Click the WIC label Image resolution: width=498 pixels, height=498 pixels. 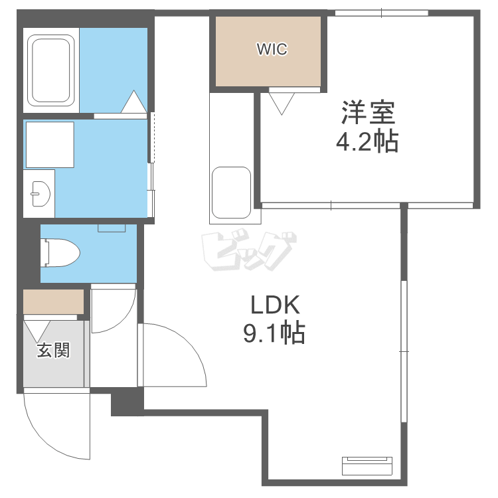272,49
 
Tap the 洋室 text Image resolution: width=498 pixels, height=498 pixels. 368,112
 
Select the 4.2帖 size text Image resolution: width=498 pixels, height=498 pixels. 367,141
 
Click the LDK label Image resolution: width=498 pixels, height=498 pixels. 275,305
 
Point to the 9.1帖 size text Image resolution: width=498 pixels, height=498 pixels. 274,333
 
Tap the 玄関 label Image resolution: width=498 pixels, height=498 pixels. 53,351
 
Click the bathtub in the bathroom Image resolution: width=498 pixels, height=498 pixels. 51,70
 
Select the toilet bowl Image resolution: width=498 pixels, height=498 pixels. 60,253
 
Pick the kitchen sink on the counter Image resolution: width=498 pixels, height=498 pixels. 231,193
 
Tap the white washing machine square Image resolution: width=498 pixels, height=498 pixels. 50,145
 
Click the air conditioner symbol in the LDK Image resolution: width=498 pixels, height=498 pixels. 367,465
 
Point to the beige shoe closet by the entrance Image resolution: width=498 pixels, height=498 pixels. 53,301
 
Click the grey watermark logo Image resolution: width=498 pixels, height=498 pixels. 249,252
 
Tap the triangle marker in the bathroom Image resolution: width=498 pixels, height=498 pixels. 133,102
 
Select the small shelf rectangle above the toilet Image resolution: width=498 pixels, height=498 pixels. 112,228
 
